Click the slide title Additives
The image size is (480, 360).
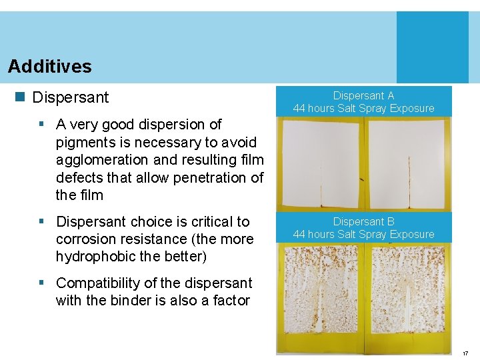pos(50,67)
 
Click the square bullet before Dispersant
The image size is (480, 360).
pos(20,97)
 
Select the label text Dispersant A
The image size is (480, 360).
pos(363,96)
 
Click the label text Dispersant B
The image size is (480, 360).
pos(363,221)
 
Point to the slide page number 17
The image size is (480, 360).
pos(465,353)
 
